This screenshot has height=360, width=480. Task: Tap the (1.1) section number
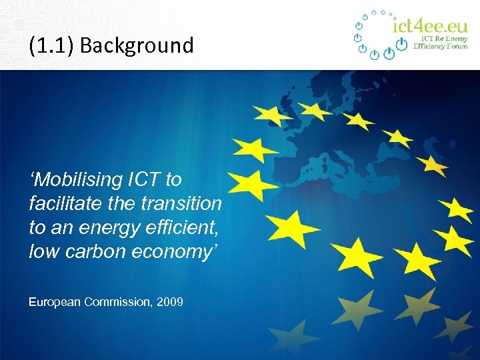[51, 46]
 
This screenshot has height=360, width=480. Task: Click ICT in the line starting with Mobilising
[144, 180]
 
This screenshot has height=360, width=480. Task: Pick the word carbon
[87, 251]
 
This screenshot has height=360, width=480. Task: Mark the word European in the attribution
[55, 302]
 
